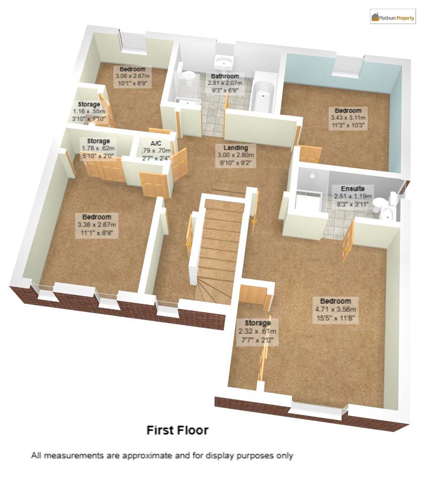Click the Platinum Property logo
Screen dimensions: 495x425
(392, 17)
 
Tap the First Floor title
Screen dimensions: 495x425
(177, 430)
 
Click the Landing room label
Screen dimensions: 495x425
(236, 148)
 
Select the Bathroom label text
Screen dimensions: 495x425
(224, 76)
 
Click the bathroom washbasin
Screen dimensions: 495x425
(224, 62)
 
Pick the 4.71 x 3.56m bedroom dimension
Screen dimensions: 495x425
(335, 309)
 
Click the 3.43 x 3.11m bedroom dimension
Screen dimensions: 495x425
(348, 118)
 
